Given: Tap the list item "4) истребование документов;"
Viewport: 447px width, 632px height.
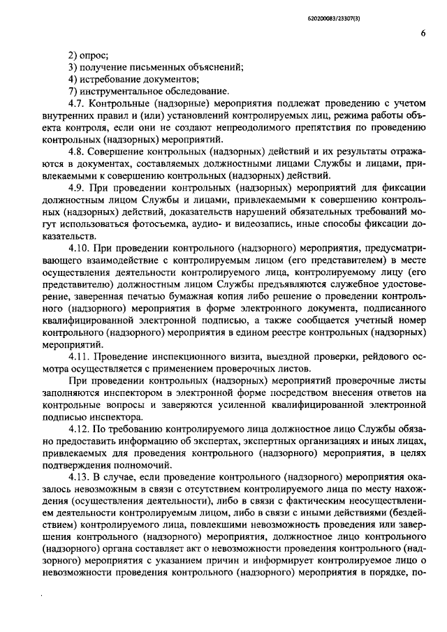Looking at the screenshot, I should (x=124, y=80).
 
